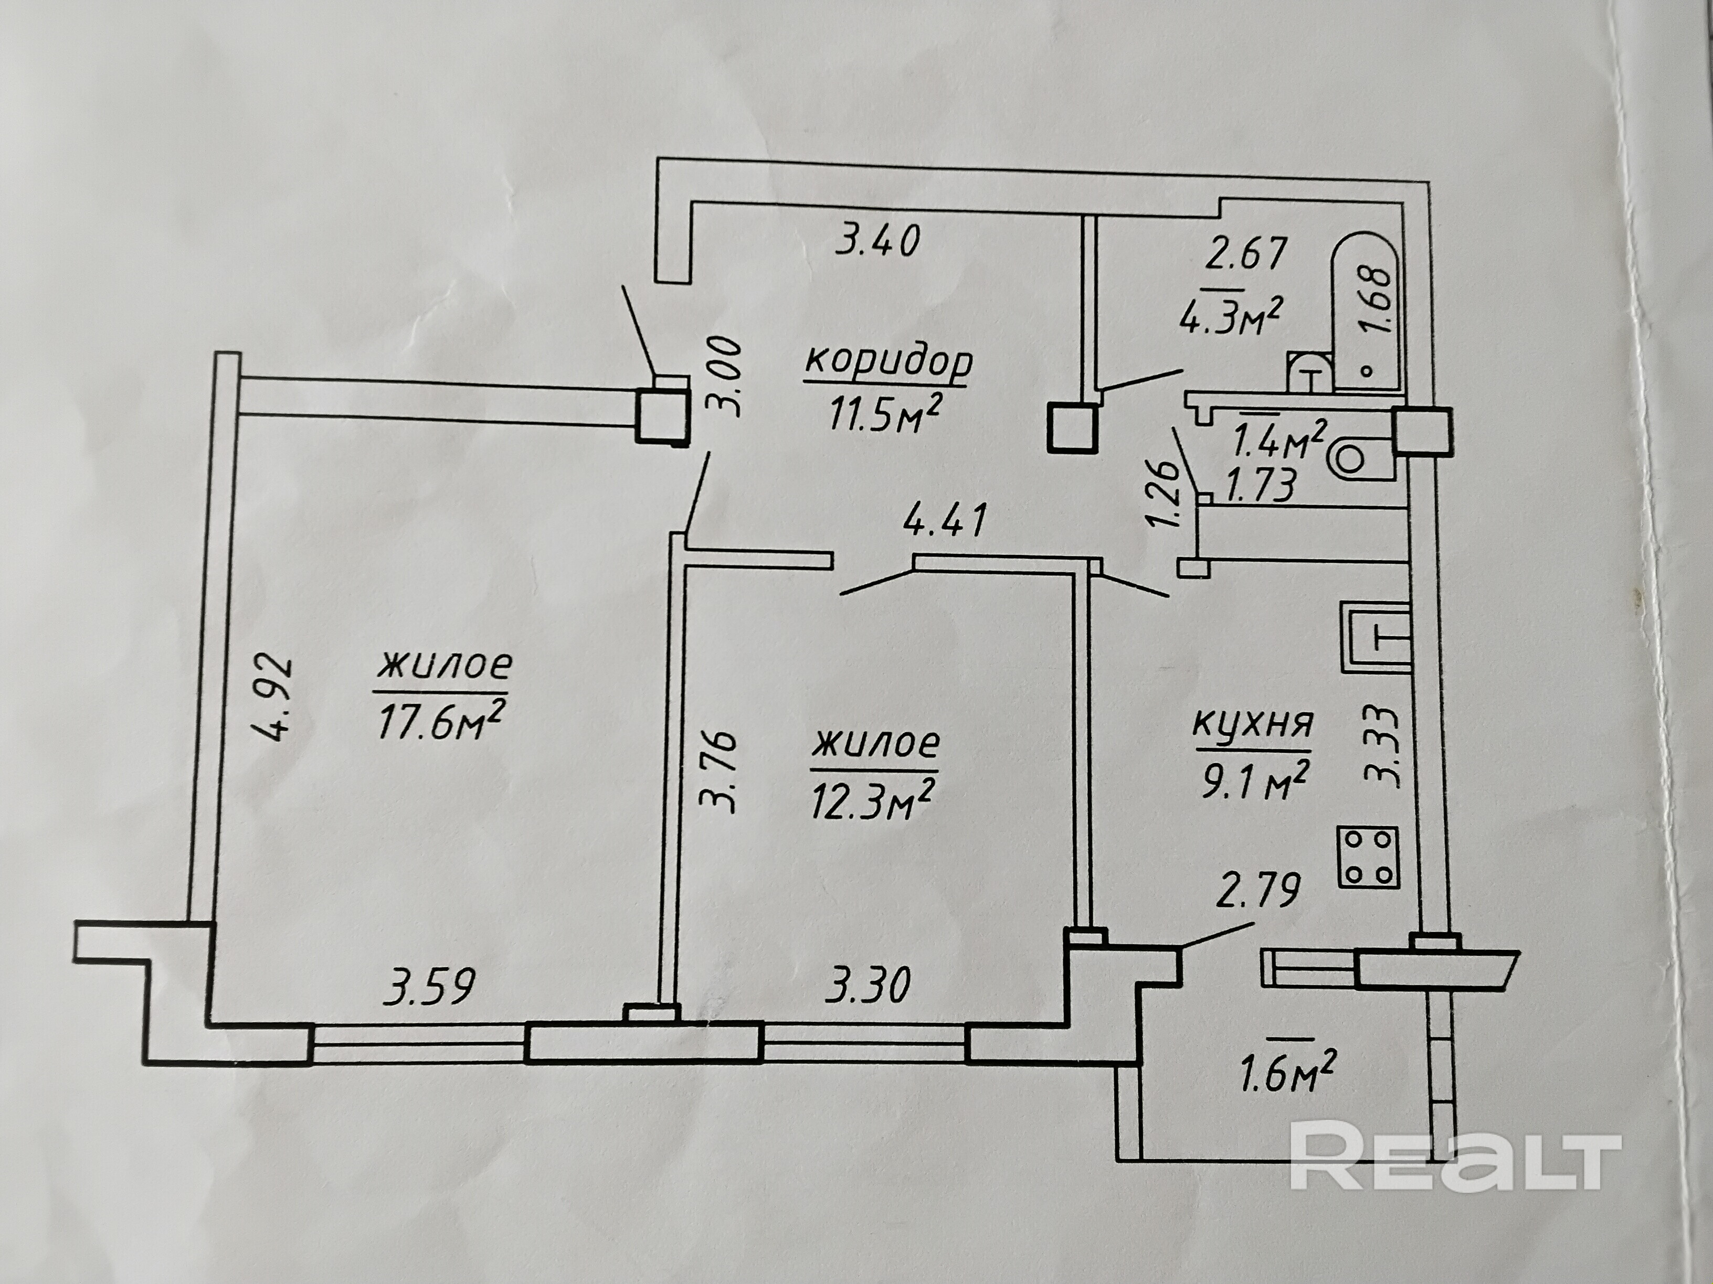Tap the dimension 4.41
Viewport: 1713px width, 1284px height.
click(946, 520)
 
